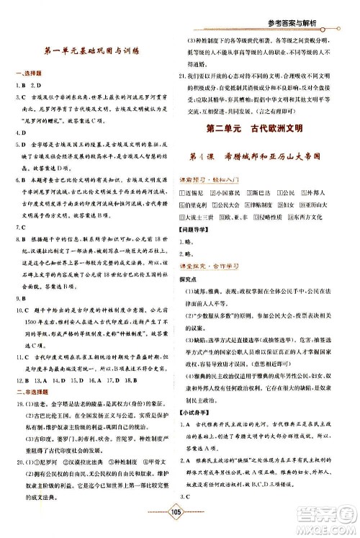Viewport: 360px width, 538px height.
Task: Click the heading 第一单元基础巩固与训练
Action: (x=91, y=52)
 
